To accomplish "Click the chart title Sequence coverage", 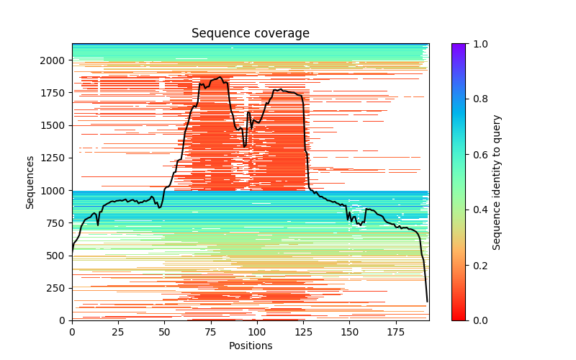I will point(251,34).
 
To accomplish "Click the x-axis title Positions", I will point(251,346).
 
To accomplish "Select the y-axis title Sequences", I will point(30,181).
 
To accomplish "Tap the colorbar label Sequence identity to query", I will point(497,181).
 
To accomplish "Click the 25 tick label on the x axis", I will point(118,333).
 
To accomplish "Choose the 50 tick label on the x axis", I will point(164,333).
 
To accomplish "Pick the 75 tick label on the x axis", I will point(211,333).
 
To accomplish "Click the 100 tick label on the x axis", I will point(257,333).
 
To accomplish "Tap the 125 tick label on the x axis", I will point(303,333).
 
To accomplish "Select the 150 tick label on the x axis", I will point(350,333).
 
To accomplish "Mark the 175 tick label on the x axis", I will point(396,333).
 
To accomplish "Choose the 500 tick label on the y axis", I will point(58,256).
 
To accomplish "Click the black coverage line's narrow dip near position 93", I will point(245,145).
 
